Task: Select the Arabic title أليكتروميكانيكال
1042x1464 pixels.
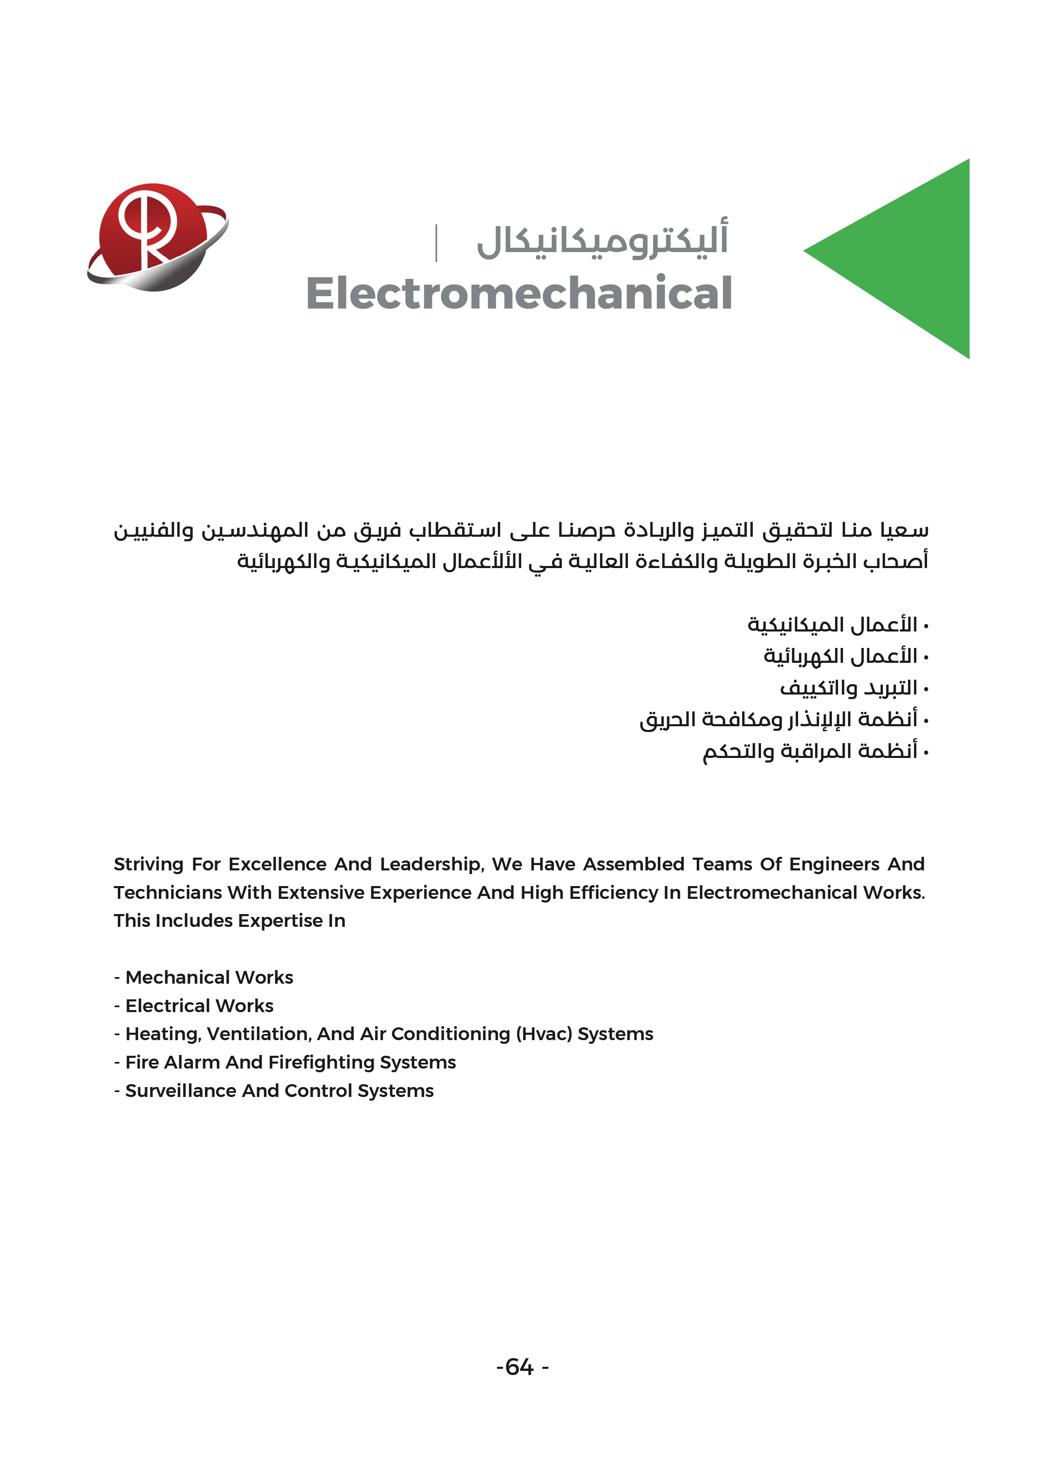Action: [602, 240]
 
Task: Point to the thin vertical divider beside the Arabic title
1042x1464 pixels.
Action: [436, 243]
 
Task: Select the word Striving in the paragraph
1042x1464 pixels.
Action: [148, 865]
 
